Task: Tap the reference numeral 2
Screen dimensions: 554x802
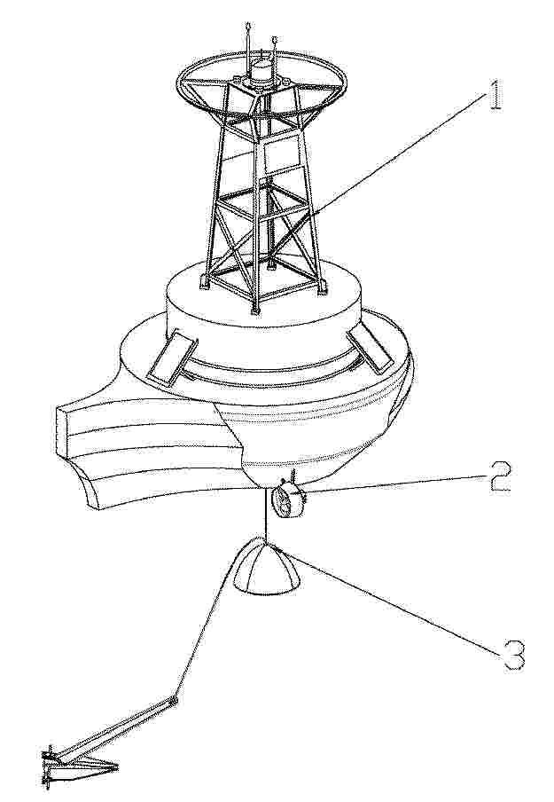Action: point(499,476)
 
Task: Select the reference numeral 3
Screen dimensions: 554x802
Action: point(513,654)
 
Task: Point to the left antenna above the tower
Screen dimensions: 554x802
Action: point(248,46)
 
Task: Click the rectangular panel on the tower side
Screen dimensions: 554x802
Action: point(280,153)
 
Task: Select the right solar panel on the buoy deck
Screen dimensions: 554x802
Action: point(370,349)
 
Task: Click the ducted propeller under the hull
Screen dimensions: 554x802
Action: point(288,500)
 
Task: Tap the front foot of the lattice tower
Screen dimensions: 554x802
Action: point(255,310)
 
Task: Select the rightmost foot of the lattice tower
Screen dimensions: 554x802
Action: point(322,287)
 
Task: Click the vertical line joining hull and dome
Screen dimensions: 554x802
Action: point(265,514)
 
